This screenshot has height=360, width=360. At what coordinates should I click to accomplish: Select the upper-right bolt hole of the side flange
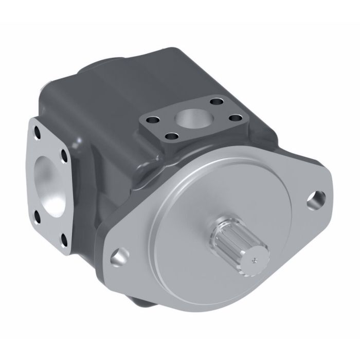click(x=65, y=153)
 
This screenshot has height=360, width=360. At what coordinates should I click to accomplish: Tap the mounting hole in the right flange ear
click(x=317, y=197)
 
